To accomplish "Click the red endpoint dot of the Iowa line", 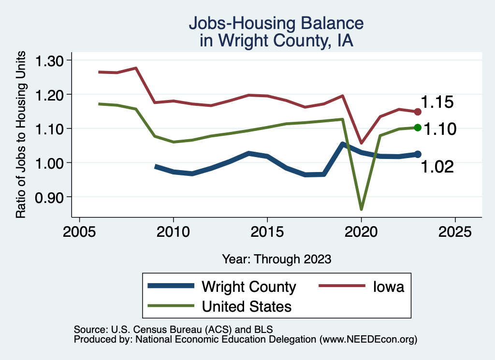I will point(418,112).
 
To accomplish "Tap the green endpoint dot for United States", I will point(418,128).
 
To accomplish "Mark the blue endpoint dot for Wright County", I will point(418,154).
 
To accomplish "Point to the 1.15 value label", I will point(437,102).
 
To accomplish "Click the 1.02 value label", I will point(437,167).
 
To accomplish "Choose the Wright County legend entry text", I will point(248,287).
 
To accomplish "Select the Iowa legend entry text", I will point(388,287).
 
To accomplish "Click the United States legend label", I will point(247,306).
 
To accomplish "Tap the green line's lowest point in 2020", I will point(361,209).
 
